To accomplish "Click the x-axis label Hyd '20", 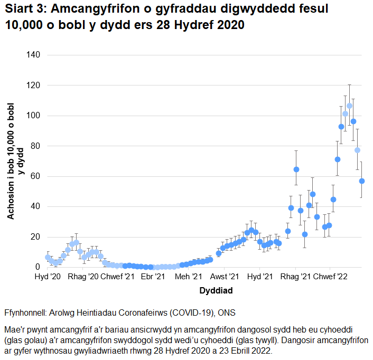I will pos(48,277).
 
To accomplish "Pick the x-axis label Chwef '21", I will pos(117,277).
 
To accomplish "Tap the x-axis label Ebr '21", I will pos(153,277).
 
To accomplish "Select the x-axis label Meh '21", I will pos(189,277).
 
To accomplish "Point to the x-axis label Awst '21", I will pos(225,277).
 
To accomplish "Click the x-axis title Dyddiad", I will pos(216,290).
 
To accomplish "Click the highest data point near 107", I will pos(349,106).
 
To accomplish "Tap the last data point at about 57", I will pos(362,181).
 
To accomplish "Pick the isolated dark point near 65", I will pos(296,169).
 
